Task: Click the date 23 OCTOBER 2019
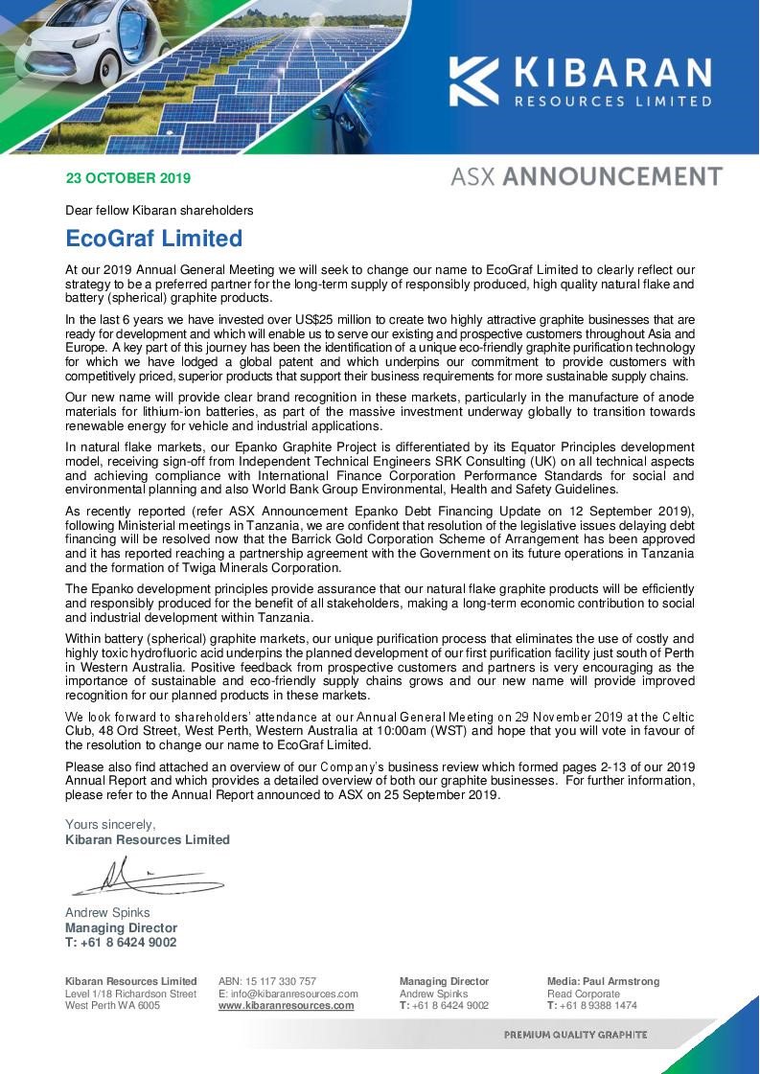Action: (x=127, y=178)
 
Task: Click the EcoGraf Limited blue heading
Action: (x=153, y=238)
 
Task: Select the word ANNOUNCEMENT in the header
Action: (x=612, y=176)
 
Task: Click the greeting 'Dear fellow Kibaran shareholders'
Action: (x=159, y=210)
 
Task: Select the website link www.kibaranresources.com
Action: (x=286, y=1006)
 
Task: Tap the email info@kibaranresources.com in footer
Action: (x=288, y=994)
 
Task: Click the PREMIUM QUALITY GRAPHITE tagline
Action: (x=575, y=1035)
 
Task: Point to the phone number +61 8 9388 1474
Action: (x=591, y=1006)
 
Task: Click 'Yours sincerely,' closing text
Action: (x=110, y=824)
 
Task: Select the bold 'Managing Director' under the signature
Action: (x=121, y=927)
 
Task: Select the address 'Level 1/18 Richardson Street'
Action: (x=130, y=994)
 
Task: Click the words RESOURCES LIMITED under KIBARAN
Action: (x=612, y=101)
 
